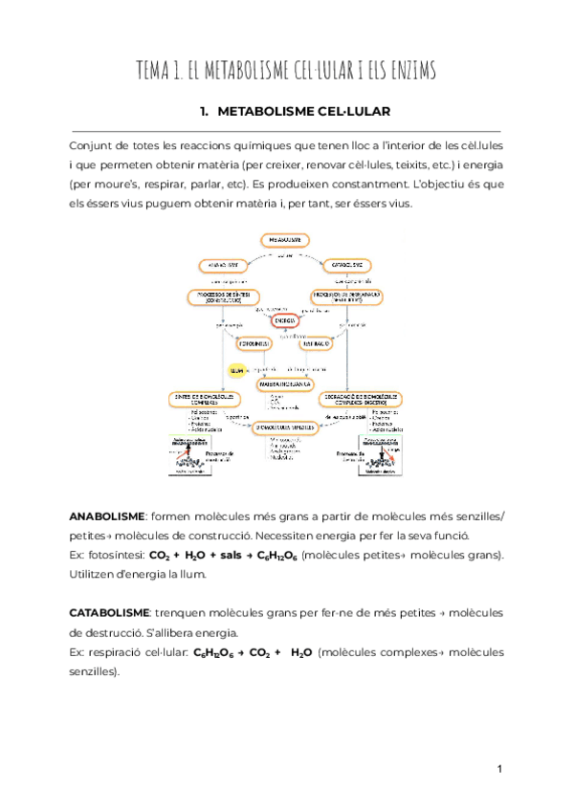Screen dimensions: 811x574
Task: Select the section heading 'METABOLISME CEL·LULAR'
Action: coord(304,112)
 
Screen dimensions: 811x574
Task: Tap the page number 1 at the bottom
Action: coord(499,769)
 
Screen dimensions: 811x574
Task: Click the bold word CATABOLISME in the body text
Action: coord(109,612)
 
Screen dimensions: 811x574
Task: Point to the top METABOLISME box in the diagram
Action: coord(286,239)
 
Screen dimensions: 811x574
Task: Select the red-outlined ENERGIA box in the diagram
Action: coord(286,320)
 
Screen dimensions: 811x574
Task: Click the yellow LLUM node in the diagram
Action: coord(234,368)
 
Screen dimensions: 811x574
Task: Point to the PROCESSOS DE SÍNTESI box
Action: coord(221,297)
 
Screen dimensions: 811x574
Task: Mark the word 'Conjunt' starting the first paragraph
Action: coord(92,146)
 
